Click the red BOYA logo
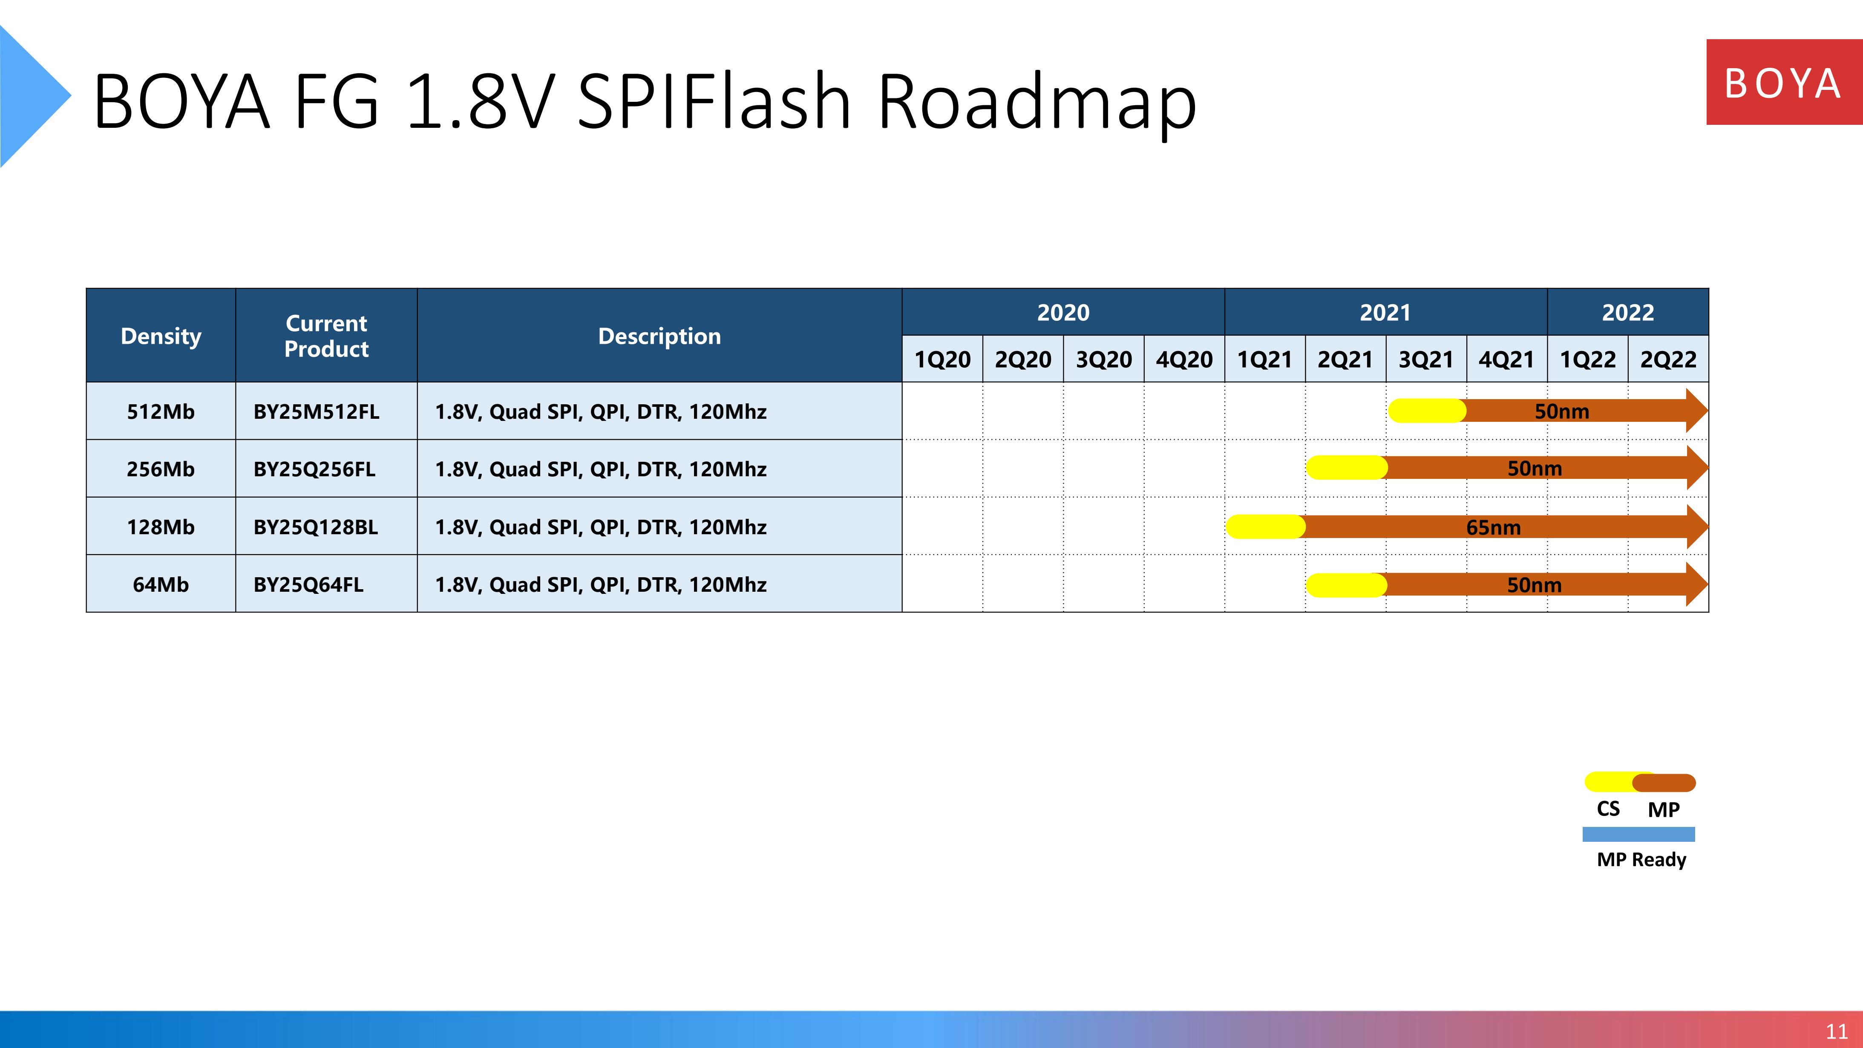point(1784,83)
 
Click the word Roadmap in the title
point(1037,102)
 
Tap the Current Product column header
point(326,336)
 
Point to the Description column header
point(659,336)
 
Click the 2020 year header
point(1063,312)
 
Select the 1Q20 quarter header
point(942,359)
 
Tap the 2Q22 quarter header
point(1668,359)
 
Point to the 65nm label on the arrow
point(1494,527)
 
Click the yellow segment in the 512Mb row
point(1427,411)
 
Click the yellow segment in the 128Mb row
point(1266,527)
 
